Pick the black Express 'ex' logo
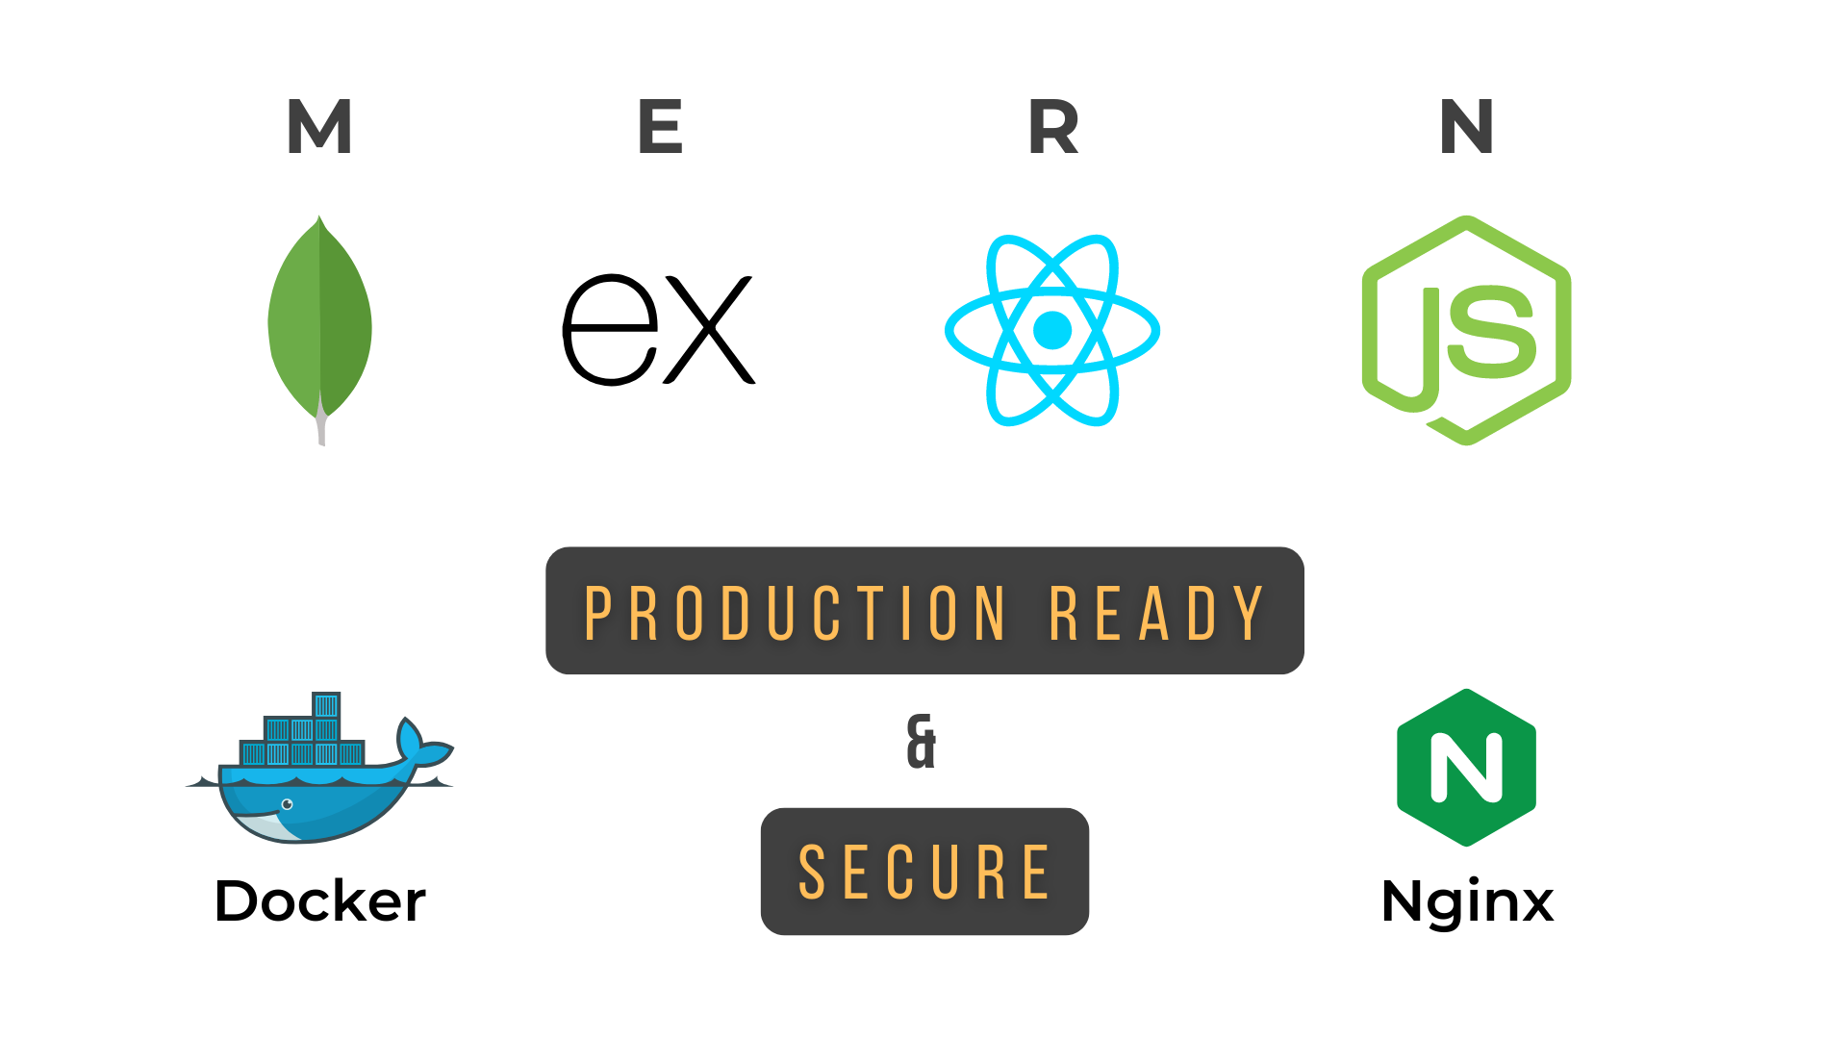pos(659,330)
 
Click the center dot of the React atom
pos(1052,330)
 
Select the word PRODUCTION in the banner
pos(795,613)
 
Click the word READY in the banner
pos(1156,613)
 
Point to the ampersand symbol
pos(922,742)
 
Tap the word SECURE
pos(924,873)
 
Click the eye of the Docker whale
pos(287,804)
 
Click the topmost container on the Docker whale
pos(326,705)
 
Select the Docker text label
pos(319,901)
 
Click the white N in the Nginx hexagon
pos(1466,767)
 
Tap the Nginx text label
pos(1467,903)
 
